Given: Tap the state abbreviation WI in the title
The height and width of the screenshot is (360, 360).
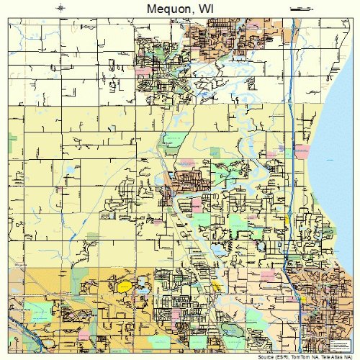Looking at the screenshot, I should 208,9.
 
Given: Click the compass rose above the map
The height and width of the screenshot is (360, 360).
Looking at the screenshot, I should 62,9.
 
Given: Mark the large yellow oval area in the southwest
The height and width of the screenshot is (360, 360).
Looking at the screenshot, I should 125,287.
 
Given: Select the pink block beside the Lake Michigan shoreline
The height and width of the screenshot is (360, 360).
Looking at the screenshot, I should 302,153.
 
